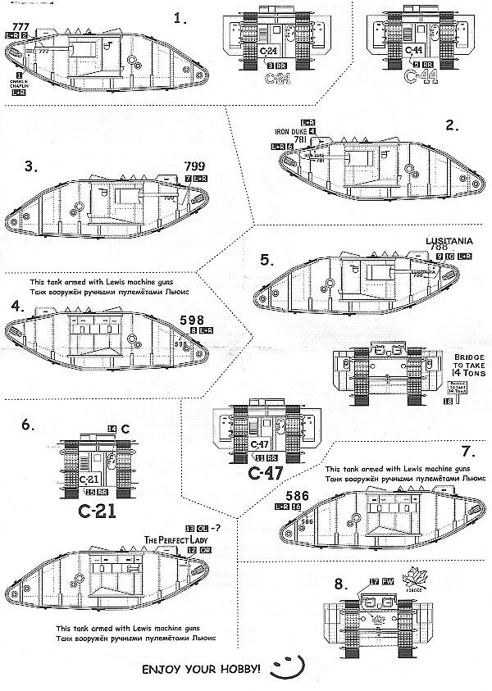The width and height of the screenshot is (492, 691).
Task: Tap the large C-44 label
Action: click(418, 79)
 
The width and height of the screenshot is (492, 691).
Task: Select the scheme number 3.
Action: click(30, 166)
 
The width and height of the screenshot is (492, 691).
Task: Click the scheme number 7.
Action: click(467, 452)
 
